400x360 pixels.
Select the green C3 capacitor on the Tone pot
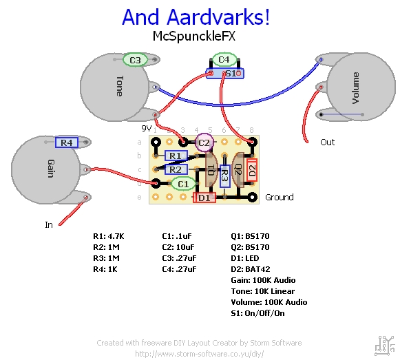[x=136, y=61]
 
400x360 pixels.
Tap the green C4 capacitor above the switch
[x=223, y=61]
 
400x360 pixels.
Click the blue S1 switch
[x=225, y=73]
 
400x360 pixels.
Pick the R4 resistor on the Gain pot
[x=66, y=142]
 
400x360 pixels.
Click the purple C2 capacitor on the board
[x=203, y=142]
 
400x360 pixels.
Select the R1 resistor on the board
[x=176, y=156]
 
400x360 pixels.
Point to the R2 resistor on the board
[x=176, y=169]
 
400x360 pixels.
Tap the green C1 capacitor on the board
[x=182, y=184]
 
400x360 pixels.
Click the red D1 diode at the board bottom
[x=204, y=198]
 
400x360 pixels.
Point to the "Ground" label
[x=279, y=198]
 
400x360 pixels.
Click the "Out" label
[x=327, y=142]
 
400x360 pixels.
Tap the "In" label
[x=49, y=224]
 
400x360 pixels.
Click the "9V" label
[x=146, y=129]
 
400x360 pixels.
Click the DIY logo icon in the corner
[x=382, y=343]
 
